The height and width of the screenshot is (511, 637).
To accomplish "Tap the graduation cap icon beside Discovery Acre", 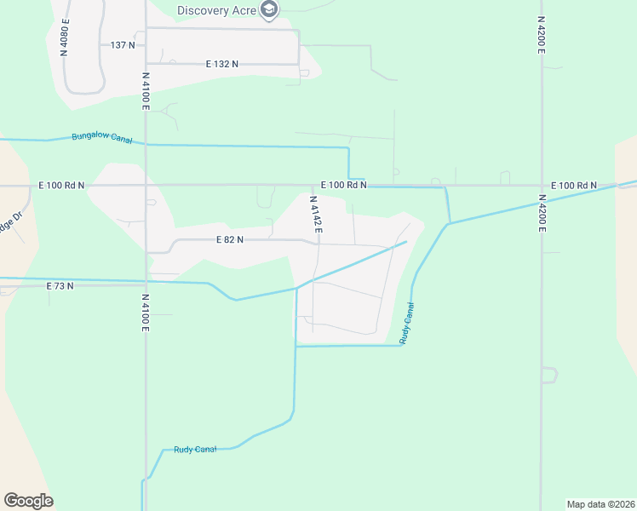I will [270, 10].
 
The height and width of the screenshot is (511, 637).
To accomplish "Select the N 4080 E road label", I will [65, 37].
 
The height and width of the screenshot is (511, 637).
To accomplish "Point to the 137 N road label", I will [123, 44].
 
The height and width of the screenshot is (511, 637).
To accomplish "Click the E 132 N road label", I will [222, 64].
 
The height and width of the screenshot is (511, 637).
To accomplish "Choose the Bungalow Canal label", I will [100, 136].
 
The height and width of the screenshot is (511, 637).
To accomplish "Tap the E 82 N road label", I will [230, 240].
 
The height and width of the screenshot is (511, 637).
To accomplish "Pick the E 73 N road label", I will [60, 286].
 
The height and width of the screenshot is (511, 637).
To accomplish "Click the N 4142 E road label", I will [315, 214].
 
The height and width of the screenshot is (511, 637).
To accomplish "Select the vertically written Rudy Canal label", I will [408, 323].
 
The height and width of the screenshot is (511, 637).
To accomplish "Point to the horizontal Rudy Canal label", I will [195, 449].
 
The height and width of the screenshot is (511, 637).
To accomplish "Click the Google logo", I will [28, 501].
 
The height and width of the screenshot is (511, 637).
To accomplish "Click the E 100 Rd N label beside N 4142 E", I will [343, 185].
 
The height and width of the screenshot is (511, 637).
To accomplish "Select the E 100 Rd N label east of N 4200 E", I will [574, 186].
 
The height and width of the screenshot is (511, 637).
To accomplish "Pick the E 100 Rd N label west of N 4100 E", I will [61, 185].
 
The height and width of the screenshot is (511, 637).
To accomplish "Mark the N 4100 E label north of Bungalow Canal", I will [146, 91].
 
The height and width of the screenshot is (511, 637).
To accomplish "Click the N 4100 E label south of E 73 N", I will [146, 313].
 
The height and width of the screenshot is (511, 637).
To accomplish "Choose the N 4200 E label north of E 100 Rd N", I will [541, 35].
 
